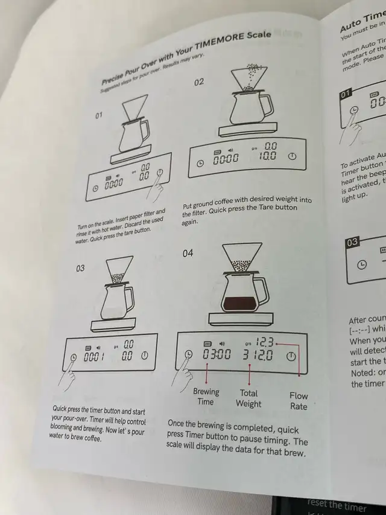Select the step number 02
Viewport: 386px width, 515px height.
[199, 82]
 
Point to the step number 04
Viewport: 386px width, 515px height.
[188, 253]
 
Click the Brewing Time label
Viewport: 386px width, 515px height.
[206, 397]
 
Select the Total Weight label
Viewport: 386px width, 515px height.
[248, 398]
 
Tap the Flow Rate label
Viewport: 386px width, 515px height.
[298, 401]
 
